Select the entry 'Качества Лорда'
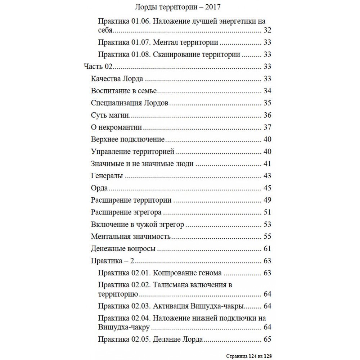coord(117,79)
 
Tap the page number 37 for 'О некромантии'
coord(267,127)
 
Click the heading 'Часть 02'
coord(98,67)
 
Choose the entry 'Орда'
coord(100,188)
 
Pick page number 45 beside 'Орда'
coord(267,188)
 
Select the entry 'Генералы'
coord(107,176)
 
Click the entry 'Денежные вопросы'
coord(123,248)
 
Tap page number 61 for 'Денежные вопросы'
coord(267,248)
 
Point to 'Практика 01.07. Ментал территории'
coord(158,42)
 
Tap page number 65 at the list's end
coord(267,339)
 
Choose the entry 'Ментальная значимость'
coord(131,237)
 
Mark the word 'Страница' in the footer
coord(237,356)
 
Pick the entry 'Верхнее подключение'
coord(128,139)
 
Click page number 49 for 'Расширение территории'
coord(267,200)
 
